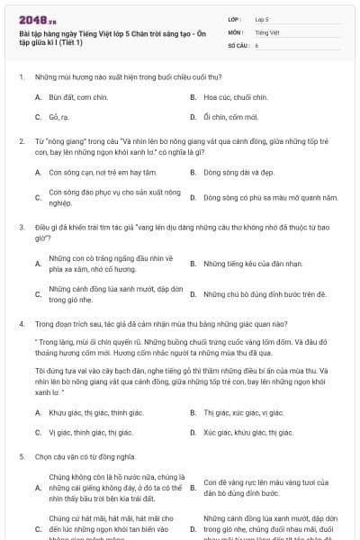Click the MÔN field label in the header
pyautogui.click(x=233, y=31)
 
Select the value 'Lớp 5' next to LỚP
pyautogui.click(x=262, y=18)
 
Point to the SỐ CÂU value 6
pyautogui.click(x=256, y=44)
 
